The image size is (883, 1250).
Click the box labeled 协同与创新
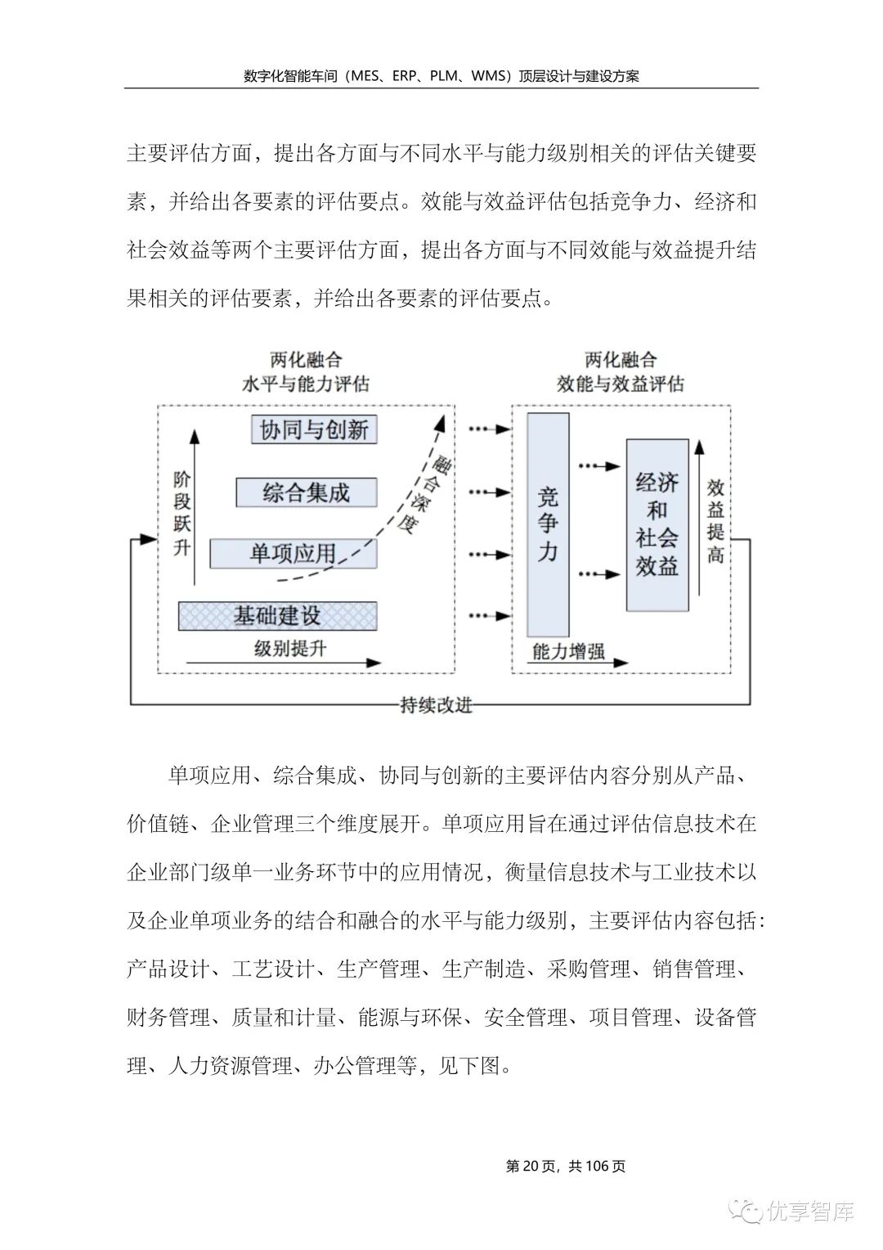[314, 429]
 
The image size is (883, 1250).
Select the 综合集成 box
[307, 492]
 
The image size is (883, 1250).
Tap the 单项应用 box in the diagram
[293, 554]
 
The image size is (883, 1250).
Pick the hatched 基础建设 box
[277, 616]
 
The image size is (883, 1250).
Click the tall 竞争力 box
[548, 524]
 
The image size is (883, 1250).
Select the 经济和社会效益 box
[657, 524]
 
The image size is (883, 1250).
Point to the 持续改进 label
[437, 704]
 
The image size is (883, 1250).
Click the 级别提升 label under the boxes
[290, 649]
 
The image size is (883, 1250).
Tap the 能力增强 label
[568, 651]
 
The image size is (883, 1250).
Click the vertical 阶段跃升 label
[182, 513]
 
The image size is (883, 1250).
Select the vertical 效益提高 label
[715, 520]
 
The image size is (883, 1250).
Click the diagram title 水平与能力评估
[306, 383]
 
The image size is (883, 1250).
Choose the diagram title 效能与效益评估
[621, 383]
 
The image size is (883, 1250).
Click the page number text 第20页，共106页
[566, 1166]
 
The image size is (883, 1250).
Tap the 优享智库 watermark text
[811, 1212]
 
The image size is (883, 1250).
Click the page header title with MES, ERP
[441, 76]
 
